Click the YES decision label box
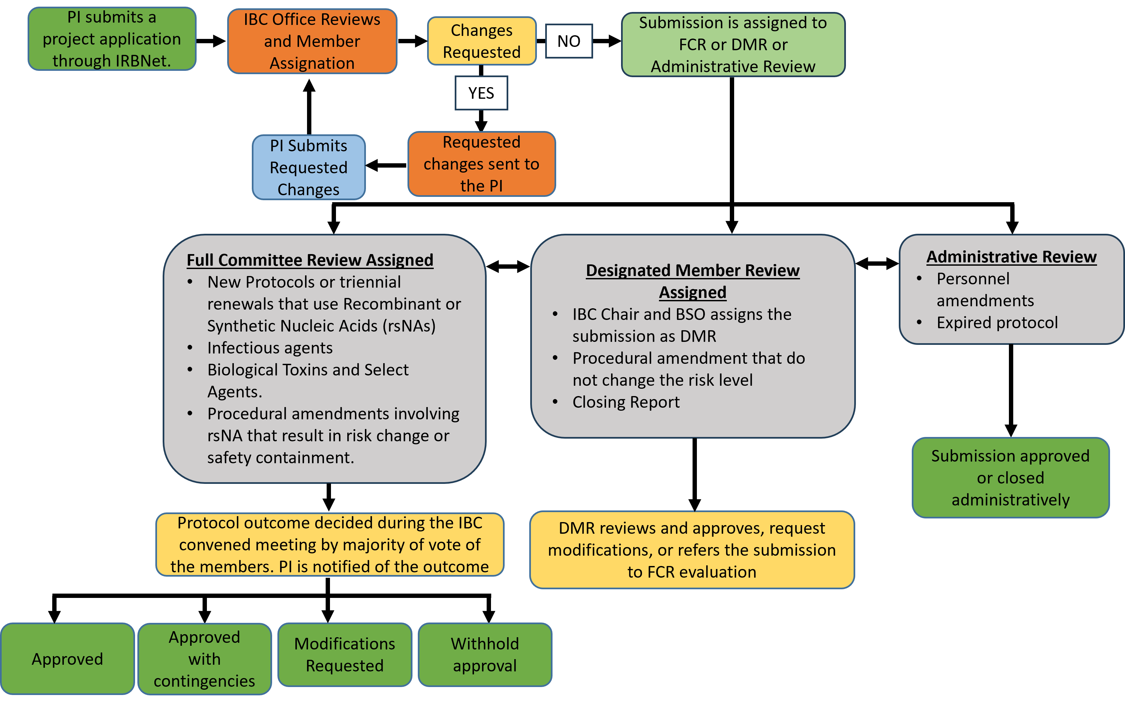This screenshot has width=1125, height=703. pos(481,93)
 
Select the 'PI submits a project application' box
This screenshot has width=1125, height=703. pos(112,39)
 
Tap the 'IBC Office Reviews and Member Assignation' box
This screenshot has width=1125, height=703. pos(312,41)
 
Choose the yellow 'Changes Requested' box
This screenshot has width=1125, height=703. pos(481,41)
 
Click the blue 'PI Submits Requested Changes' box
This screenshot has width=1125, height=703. pos(308,167)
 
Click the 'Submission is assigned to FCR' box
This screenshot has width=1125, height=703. pos(733,45)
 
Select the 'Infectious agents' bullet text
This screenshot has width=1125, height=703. pos(270,348)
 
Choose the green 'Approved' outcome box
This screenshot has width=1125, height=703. pos(68,658)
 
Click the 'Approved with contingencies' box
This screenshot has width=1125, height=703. pos(205,658)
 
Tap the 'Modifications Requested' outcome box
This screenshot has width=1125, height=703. pos(345,655)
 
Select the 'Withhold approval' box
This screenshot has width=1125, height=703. pos(485,655)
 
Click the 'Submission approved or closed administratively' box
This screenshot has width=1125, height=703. pos(1010,478)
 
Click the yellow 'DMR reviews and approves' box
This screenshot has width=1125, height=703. pos(692,550)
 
